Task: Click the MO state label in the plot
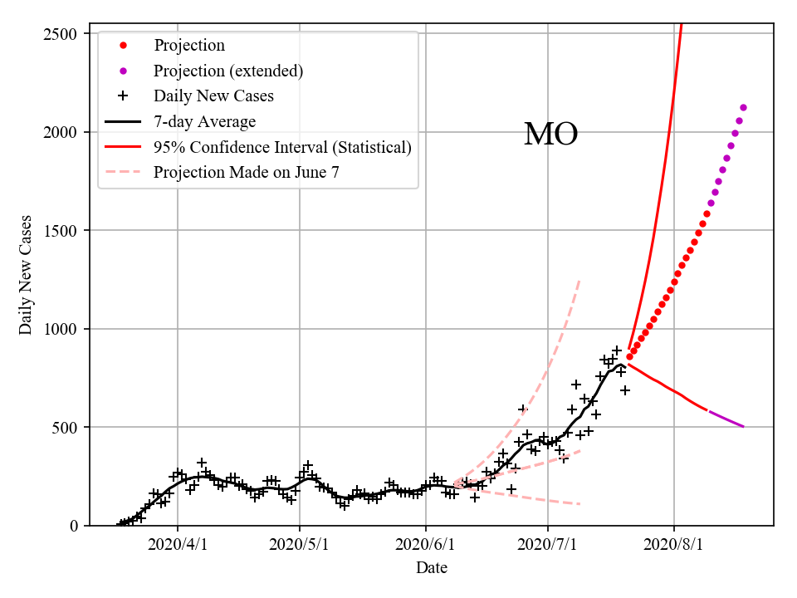[x=550, y=135]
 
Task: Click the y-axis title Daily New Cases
[x=26, y=275]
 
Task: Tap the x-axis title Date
[x=432, y=568]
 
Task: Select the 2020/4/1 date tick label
[x=178, y=545]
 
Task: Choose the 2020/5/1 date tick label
[x=300, y=545]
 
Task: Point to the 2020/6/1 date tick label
[x=426, y=545]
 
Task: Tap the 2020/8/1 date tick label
[x=674, y=545]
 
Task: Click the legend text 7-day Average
[x=204, y=122]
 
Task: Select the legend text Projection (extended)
[x=228, y=71]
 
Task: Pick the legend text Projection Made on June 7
[x=247, y=173]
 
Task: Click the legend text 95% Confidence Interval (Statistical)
[x=282, y=148]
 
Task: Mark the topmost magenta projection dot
[x=743, y=107]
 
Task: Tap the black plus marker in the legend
[x=123, y=96]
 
